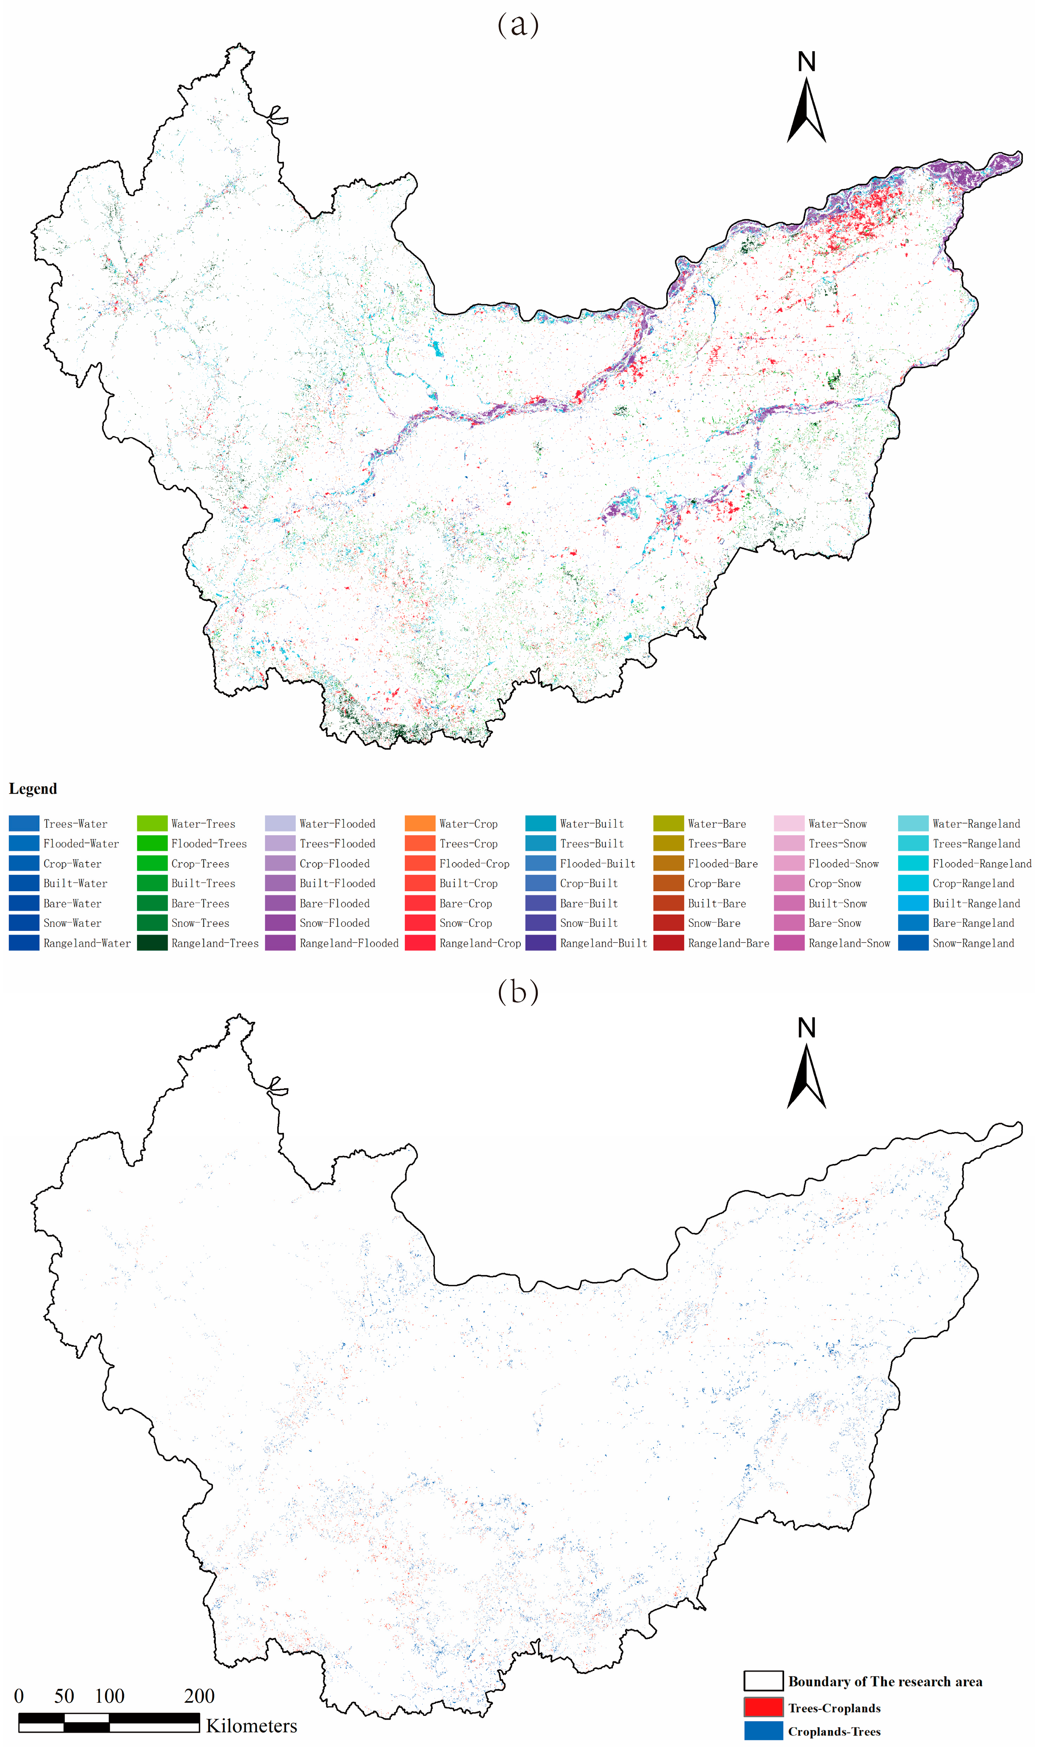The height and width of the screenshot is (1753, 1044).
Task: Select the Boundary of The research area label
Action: tap(885, 1681)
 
